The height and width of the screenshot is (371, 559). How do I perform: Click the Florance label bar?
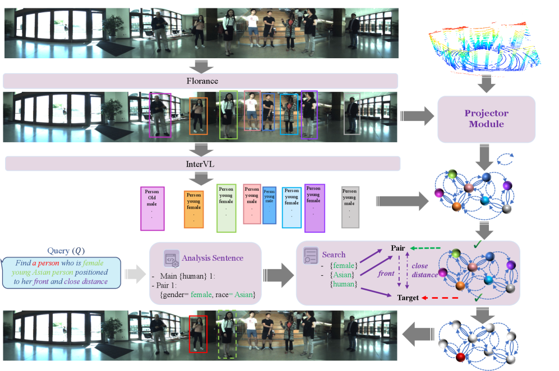201,81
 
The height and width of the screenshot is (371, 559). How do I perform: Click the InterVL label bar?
202,163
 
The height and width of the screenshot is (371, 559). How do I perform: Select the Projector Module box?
486,118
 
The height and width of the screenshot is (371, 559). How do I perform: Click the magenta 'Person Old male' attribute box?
152,208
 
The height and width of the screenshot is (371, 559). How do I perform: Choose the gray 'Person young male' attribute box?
350,207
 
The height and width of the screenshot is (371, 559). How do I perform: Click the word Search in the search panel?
334,255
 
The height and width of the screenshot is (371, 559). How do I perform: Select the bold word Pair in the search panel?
399,248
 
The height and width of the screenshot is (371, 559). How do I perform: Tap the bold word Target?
408,298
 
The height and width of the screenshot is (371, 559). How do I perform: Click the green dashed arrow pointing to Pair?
428,248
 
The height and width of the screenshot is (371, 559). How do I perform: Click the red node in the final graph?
460,357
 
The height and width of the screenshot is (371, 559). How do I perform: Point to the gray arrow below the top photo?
201,66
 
